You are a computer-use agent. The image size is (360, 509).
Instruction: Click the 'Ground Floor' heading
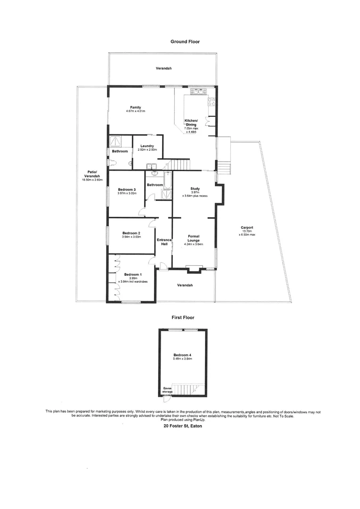pyautogui.click(x=185, y=41)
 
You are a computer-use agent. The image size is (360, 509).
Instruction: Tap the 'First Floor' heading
pyautogui.click(x=182, y=318)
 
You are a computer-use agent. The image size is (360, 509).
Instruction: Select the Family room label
pyautogui.click(x=136, y=108)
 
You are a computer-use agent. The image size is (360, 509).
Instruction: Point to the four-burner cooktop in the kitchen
pyautogui.click(x=212, y=100)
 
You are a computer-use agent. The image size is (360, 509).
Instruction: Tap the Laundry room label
pyautogui.click(x=147, y=146)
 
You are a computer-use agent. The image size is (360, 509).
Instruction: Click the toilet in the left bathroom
pyautogui.click(x=111, y=163)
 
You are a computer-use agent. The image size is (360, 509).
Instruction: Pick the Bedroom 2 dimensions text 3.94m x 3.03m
pyautogui.click(x=131, y=237)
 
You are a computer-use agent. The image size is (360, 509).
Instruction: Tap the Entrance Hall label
pyautogui.click(x=164, y=242)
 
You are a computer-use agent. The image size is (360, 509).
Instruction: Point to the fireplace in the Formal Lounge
pyautogui.click(x=193, y=270)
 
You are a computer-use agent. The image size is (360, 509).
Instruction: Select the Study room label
pyautogui.click(x=195, y=189)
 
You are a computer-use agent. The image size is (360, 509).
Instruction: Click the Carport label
pyautogui.click(x=246, y=227)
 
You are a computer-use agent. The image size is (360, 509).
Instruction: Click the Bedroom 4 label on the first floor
pyautogui.click(x=182, y=354)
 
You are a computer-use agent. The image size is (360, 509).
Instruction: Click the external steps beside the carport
pyautogui.click(x=224, y=166)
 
